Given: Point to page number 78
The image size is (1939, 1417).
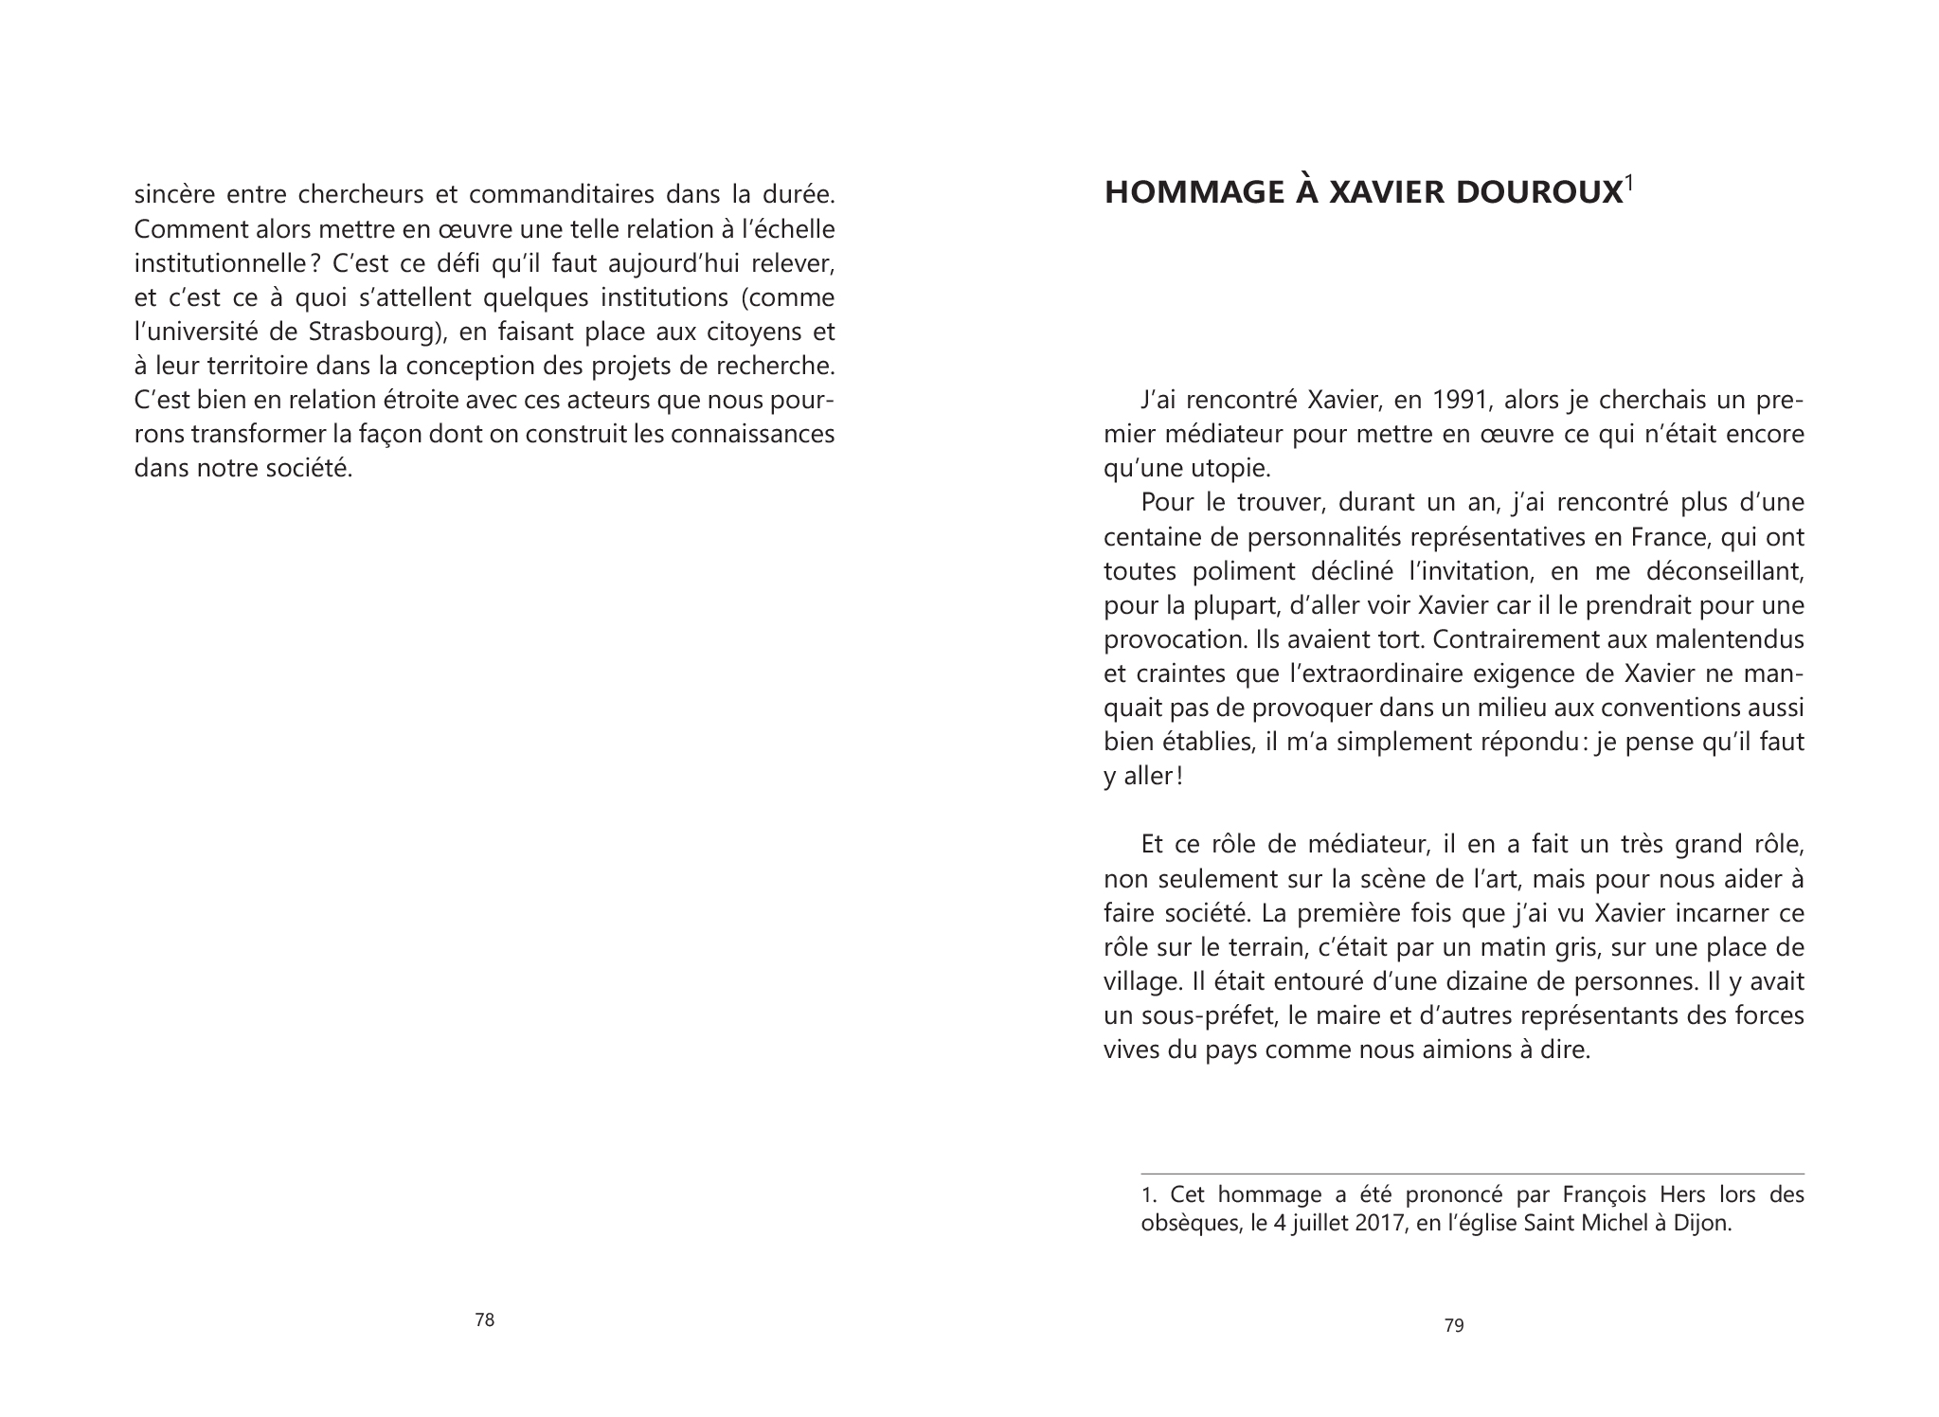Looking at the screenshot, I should pyautogui.click(x=484, y=1319).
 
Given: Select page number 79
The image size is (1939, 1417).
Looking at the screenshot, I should pyautogui.click(x=1454, y=1326).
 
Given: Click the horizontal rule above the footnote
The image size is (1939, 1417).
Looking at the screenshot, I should pyautogui.click(x=1473, y=1175).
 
